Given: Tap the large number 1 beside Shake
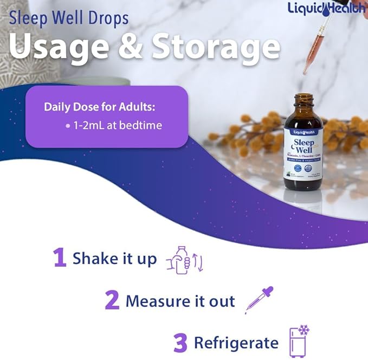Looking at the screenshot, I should [x=60, y=258].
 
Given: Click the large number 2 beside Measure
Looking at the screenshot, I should [x=112, y=300].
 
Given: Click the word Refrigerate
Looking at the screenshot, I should [x=236, y=343].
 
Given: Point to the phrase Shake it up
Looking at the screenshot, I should [x=114, y=258].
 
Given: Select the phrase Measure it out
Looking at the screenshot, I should [x=180, y=300].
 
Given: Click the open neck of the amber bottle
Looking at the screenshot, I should [x=304, y=98].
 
